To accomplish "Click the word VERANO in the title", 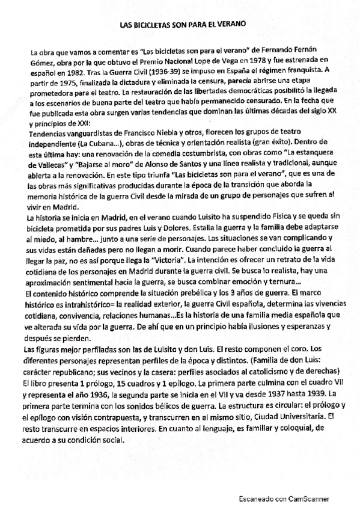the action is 230,25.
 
